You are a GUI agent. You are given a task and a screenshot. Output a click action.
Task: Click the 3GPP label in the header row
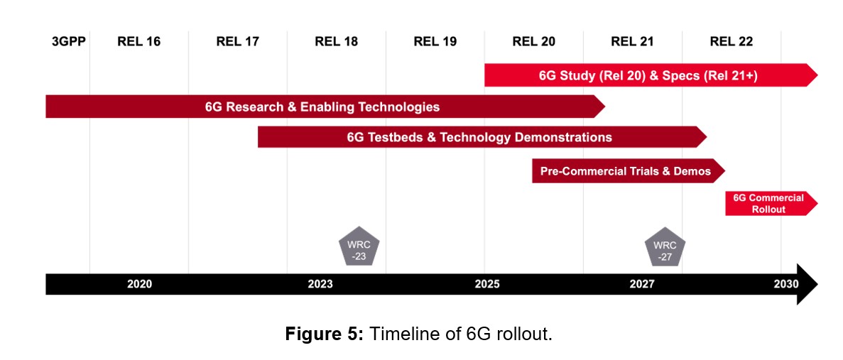point(69,41)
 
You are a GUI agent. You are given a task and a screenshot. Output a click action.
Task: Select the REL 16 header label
point(139,41)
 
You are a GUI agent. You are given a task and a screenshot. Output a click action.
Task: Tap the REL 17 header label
point(238,41)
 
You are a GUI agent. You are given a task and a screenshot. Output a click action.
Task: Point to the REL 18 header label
point(337,41)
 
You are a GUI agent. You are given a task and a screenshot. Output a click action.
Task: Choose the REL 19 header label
point(435,41)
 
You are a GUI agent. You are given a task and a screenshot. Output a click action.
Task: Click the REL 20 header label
point(534,41)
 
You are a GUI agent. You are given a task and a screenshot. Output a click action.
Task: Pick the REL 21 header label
point(632,41)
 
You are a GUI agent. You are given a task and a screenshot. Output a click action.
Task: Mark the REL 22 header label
point(731,41)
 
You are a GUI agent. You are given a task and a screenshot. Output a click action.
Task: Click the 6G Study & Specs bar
point(649,75)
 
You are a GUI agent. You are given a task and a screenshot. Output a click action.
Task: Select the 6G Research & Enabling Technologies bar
point(322,107)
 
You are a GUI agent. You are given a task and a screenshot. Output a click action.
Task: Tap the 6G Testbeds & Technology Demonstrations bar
point(479,137)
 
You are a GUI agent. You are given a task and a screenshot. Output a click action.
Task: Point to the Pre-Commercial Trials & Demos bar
point(626,171)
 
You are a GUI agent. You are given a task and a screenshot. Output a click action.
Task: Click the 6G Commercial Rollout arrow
point(769,204)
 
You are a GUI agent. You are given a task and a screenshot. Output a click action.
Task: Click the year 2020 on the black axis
point(139,284)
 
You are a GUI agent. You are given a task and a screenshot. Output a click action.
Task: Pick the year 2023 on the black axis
point(320,284)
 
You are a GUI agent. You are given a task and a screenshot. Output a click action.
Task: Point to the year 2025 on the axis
point(487,284)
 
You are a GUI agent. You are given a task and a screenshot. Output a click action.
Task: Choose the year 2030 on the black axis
point(786,284)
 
